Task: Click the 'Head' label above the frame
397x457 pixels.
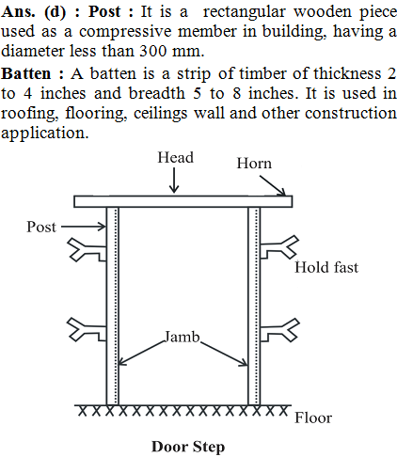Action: [x=175, y=157]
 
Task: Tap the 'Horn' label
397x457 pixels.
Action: [x=254, y=164]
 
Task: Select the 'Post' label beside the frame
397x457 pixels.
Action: [x=41, y=227]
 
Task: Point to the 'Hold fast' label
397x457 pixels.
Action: [x=326, y=267]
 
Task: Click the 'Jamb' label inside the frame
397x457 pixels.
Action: [x=183, y=337]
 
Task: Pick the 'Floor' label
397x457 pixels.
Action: [x=313, y=418]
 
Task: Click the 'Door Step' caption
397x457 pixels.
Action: [x=188, y=447]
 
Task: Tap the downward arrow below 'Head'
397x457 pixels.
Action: [x=174, y=180]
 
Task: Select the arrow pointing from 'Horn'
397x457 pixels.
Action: [x=273, y=185]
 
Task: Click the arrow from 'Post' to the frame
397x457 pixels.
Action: [x=84, y=227]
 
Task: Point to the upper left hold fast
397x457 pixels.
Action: [x=87, y=250]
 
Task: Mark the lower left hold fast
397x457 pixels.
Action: [x=87, y=329]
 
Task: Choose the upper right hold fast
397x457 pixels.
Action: [x=279, y=247]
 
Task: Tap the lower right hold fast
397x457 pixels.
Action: [x=279, y=330]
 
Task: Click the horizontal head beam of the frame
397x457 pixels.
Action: [x=183, y=201]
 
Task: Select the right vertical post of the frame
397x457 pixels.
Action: [x=254, y=306]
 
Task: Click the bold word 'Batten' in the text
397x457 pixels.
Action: [x=26, y=74]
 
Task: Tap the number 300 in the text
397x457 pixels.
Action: [x=152, y=51]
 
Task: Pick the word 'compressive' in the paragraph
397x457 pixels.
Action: [x=125, y=32]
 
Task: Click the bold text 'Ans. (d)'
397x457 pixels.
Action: [x=34, y=12]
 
